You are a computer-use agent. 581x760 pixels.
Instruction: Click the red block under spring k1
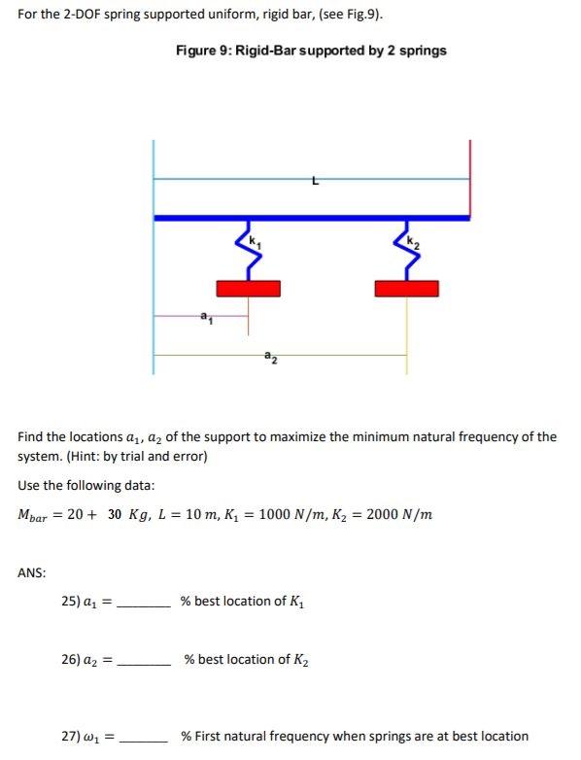coord(248,288)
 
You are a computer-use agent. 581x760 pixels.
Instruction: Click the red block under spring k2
coord(406,288)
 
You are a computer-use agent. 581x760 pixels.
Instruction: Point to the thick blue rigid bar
coord(311,218)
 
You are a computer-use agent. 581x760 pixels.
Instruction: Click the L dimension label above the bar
coord(313,180)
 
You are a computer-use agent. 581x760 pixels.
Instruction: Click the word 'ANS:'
coord(33,572)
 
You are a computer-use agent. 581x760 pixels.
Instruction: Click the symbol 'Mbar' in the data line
coord(35,515)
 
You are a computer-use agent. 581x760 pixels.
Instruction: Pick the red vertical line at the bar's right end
coord(470,179)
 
